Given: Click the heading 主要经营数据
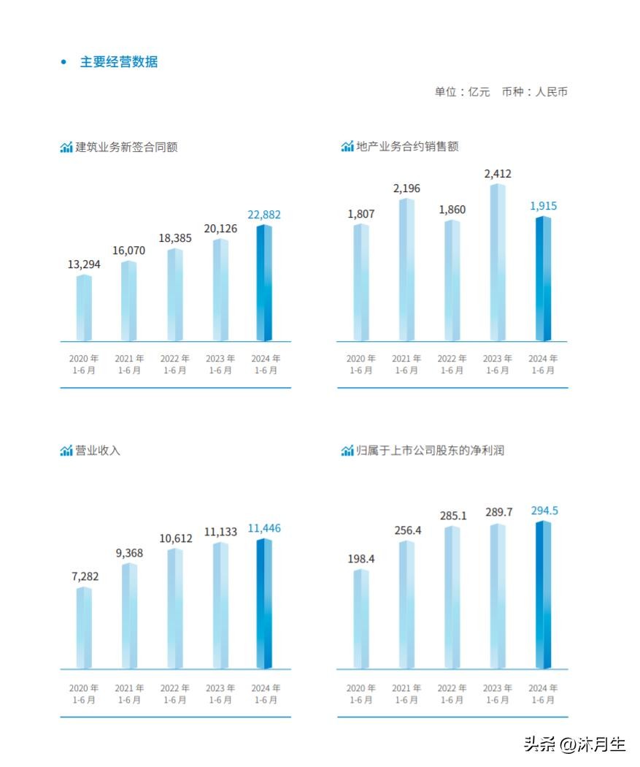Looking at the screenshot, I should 118,62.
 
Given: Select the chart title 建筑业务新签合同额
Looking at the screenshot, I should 126,147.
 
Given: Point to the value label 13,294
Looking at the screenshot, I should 84,264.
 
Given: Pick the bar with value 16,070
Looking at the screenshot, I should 129,301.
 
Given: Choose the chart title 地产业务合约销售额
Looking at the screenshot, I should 407,146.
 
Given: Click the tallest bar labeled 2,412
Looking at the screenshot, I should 498,263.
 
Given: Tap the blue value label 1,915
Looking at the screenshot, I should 543,206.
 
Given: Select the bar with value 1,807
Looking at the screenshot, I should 361,283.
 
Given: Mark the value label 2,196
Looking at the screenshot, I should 406,189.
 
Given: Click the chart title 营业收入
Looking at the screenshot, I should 98,451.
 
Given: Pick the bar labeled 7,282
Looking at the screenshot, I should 84,628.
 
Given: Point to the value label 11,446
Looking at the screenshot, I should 264,528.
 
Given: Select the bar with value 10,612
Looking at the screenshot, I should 175,609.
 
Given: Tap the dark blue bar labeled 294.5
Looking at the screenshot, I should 543,595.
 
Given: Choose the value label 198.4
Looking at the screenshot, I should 361,559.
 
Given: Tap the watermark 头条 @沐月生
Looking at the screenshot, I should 574,744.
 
